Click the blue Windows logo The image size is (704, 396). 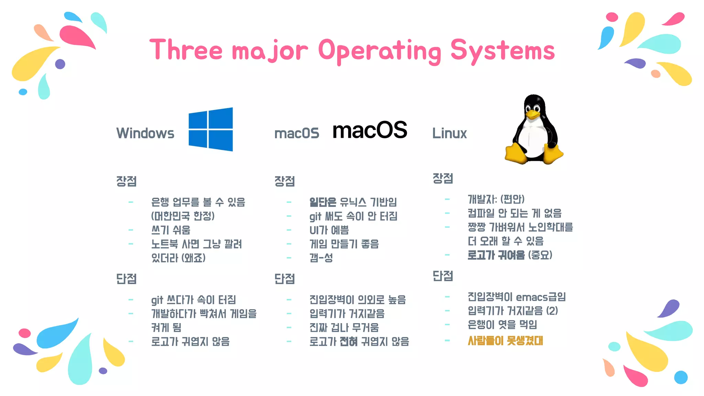point(211,129)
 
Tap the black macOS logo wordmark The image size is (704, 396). point(370,130)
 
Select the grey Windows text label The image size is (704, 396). point(145,133)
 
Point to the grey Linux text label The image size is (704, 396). point(449,133)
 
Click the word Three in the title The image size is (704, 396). point(186,50)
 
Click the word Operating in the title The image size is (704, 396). point(379,51)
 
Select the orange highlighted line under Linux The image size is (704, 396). point(505,341)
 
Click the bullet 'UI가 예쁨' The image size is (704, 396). point(329,230)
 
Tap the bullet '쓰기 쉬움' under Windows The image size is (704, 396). point(170,230)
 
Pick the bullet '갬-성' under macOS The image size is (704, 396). point(321,258)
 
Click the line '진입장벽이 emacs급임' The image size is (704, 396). point(516,297)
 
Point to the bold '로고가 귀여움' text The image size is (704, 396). point(496,255)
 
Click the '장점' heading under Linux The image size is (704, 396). point(443,178)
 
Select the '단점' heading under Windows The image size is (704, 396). point(126,279)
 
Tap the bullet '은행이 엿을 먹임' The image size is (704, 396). point(502,324)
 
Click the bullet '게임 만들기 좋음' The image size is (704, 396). point(344,244)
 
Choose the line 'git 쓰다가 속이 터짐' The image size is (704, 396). point(194,300)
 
